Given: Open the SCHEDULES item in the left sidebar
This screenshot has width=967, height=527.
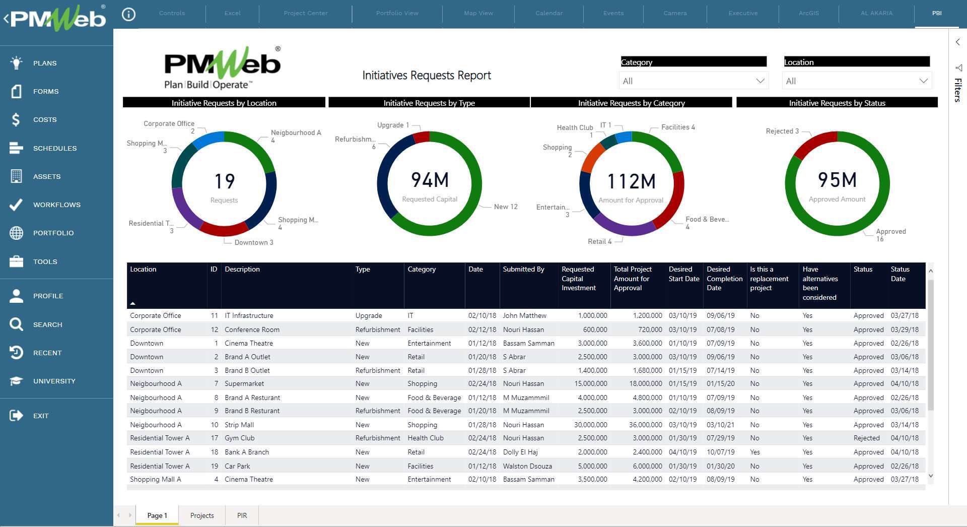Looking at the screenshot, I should [54, 148].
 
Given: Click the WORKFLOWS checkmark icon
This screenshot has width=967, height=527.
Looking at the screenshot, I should [16, 205].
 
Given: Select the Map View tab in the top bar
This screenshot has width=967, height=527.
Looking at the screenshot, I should [478, 13].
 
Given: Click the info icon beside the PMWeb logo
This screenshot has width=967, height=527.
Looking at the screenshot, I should [129, 15].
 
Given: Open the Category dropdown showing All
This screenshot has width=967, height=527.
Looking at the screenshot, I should [693, 81].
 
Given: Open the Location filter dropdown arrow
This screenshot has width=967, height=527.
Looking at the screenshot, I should [923, 81].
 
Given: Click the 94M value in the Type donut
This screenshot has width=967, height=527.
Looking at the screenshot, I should [430, 180].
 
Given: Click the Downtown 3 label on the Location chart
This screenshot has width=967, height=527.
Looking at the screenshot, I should [253, 242].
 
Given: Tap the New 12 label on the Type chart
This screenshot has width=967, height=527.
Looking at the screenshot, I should [506, 207].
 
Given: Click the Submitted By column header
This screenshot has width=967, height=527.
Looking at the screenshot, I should [523, 270].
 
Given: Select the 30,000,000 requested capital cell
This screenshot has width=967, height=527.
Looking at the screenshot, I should [590, 425].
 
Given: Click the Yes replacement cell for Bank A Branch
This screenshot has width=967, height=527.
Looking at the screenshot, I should [754, 452].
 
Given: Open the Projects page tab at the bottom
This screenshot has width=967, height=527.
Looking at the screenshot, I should [202, 515].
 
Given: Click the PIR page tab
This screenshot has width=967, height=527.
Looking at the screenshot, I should [242, 515].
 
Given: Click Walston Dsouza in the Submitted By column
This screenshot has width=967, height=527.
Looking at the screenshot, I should [527, 466].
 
